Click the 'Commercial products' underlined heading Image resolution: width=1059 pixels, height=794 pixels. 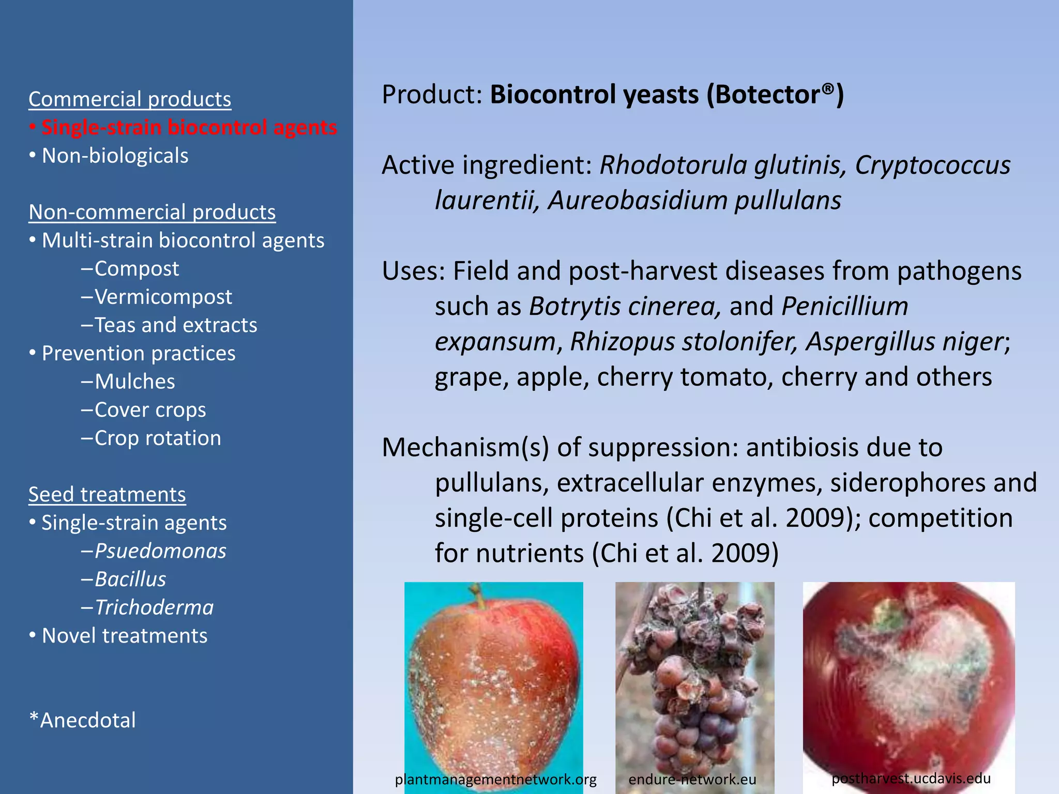click(130, 99)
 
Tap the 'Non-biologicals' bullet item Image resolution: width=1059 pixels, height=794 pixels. click(115, 156)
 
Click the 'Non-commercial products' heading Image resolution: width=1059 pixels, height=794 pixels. click(152, 212)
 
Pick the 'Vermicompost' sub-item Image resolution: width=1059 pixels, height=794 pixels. click(163, 297)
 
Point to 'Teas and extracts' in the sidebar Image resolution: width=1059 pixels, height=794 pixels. click(175, 325)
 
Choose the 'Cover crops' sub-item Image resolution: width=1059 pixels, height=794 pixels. click(150, 410)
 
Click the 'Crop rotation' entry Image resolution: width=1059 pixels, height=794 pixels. click(158, 438)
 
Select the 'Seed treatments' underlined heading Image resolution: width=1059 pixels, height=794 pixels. click(107, 495)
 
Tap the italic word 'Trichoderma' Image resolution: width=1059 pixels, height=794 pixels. click(154, 607)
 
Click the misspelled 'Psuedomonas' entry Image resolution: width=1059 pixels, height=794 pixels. click(160, 551)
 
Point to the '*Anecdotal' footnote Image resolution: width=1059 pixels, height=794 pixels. click(83, 720)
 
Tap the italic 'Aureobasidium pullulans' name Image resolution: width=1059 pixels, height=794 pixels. click(694, 201)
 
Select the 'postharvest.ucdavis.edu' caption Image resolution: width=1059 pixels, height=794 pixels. click(911, 778)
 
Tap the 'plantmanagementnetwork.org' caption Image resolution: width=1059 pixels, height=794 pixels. click(495, 780)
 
